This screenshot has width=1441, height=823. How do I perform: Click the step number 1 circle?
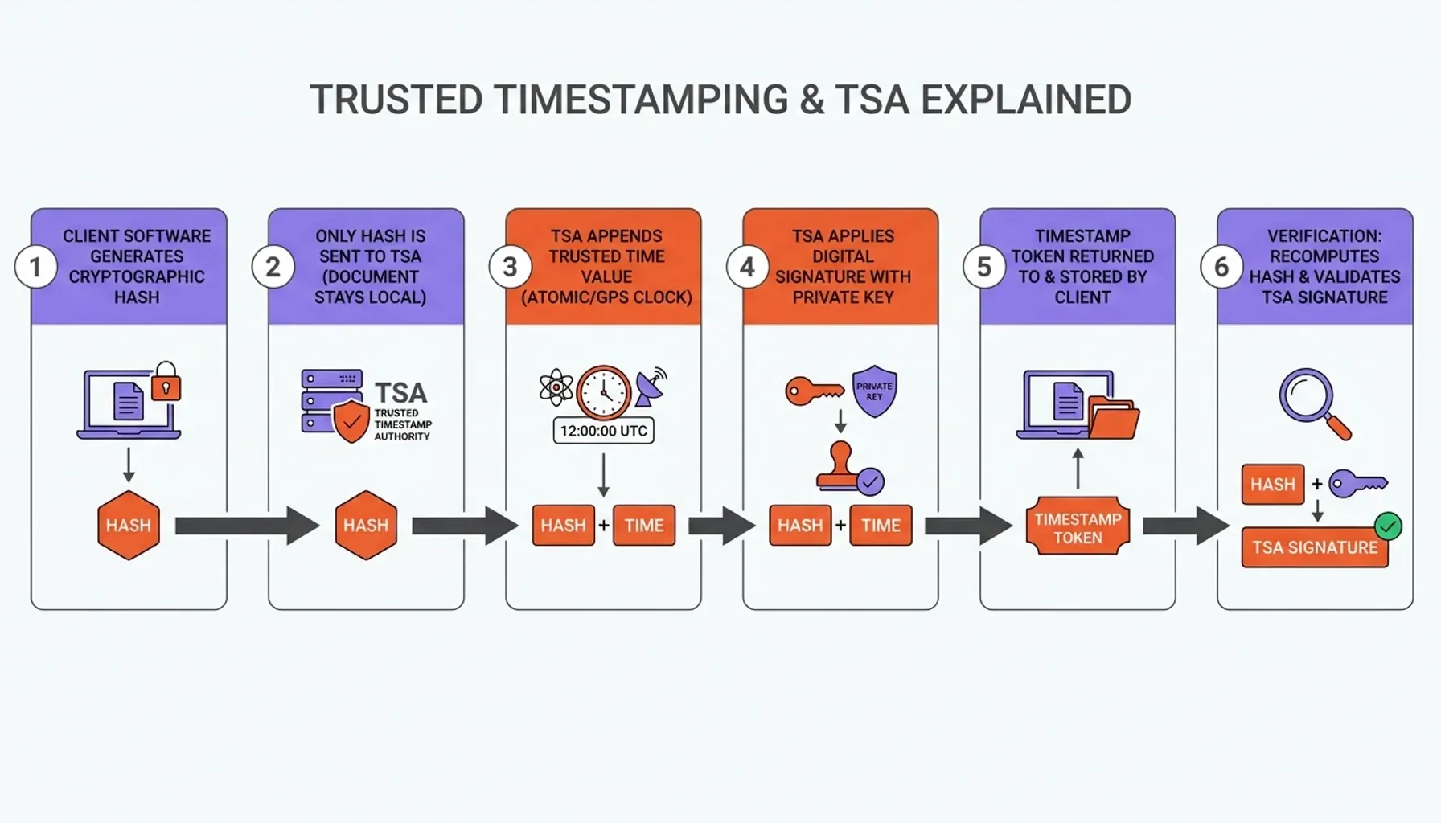click(35, 267)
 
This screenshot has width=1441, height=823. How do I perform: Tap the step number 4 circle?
click(747, 267)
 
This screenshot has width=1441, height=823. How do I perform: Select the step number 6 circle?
click(1221, 267)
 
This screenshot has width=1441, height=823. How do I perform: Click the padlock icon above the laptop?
click(166, 381)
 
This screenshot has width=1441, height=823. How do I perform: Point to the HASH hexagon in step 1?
click(129, 526)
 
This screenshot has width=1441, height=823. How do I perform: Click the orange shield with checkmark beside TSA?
click(351, 421)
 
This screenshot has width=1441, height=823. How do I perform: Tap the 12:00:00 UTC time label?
click(603, 431)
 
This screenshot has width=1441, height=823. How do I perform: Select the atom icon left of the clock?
click(556, 388)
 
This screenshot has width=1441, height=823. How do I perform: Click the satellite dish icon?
click(651, 387)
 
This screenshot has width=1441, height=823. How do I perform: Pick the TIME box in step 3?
click(644, 526)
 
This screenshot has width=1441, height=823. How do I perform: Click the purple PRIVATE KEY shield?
click(874, 391)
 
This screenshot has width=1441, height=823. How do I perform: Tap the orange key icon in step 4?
click(814, 391)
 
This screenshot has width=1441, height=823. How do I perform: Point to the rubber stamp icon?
click(841, 468)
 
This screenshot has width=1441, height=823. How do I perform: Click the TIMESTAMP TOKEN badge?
click(1078, 527)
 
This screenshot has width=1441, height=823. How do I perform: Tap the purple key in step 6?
click(1357, 484)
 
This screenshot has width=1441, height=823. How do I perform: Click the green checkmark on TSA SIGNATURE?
click(1388, 526)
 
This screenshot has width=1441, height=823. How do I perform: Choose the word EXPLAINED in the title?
click(1026, 100)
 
